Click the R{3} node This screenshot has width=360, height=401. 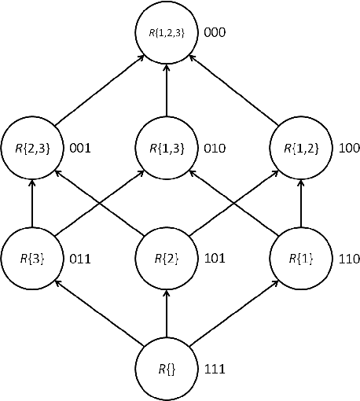(32, 256)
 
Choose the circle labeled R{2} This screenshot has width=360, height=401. (167, 256)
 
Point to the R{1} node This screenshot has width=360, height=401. (301, 256)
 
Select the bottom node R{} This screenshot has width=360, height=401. (167, 367)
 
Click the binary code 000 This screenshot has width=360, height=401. (215, 35)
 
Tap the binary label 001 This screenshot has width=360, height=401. (81, 147)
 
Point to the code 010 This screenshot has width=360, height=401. (215, 147)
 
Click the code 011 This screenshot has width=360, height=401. (81, 257)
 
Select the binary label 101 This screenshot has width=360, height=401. (215, 257)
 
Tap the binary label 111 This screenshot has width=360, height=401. (215, 368)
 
